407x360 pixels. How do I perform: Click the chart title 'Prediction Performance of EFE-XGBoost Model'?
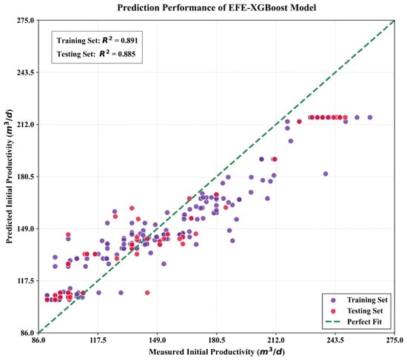tap(217, 7)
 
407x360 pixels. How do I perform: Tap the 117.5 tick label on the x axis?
tap(98, 340)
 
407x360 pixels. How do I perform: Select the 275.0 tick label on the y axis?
tap(26, 20)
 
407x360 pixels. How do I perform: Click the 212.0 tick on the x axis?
tap(276, 340)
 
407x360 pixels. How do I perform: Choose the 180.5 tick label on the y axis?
tap(26, 177)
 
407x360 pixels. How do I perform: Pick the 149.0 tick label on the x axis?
tap(157, 340)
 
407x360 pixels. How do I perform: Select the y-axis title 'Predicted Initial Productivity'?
tap(10, 177)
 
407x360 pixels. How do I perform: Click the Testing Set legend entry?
tap(357, 311)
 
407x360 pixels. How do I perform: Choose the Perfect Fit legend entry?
tap(354, 322)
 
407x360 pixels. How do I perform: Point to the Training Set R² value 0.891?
tap(129, 41)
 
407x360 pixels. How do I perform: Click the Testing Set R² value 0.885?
tap(127, 54)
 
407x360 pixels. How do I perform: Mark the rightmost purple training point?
tap(370, 118)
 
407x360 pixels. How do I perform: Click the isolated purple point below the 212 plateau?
tap(326, 174)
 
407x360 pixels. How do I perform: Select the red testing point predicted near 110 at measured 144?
tap(147, 293)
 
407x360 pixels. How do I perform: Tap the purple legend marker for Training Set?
tap(334, 300)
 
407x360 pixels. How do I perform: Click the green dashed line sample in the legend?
tap(332, 322)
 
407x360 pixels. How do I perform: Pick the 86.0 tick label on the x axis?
tap(38, 340)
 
